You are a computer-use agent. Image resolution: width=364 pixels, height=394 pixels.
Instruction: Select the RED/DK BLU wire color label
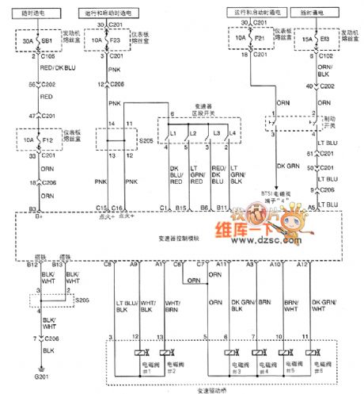pos(50,68)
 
